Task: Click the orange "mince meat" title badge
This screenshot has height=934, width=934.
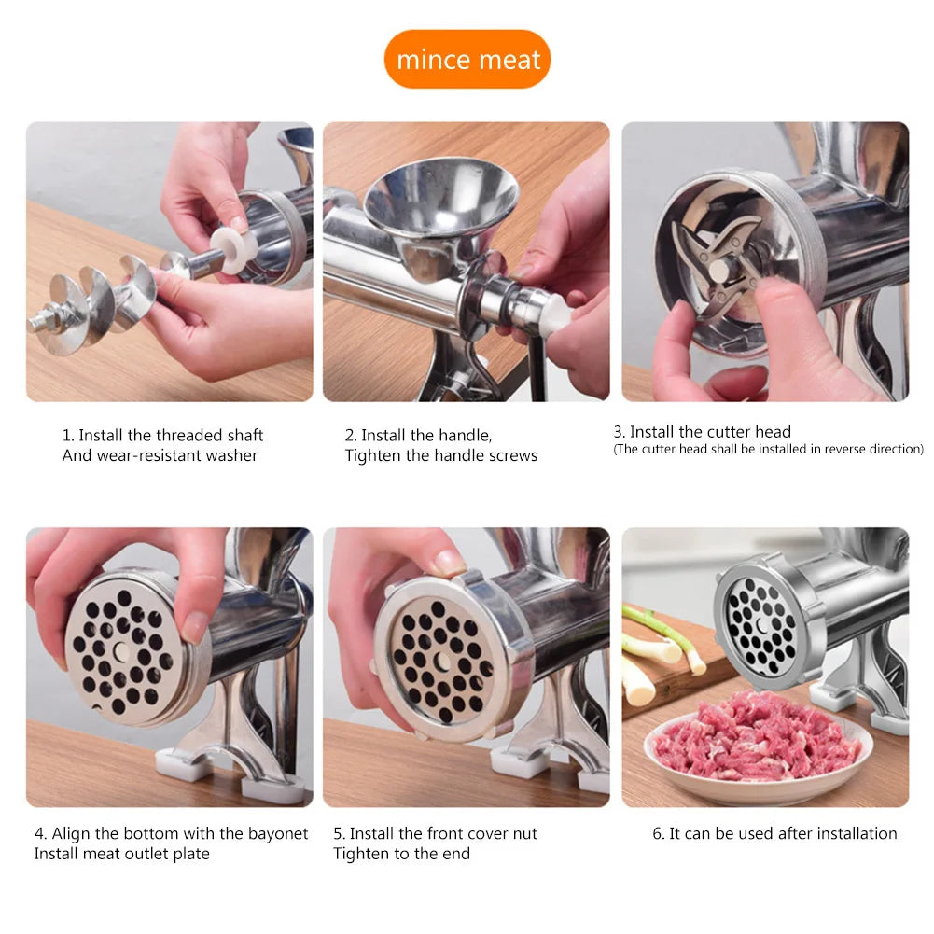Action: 467,60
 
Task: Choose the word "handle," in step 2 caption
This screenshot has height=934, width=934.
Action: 466,435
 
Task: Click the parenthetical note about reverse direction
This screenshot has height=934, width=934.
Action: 768,449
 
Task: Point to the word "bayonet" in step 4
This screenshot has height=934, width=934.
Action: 278,833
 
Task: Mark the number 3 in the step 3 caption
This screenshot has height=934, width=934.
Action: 618,432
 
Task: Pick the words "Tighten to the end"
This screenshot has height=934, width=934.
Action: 402,854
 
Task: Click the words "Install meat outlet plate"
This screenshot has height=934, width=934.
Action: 122,854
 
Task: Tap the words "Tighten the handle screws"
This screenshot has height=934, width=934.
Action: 441,455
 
